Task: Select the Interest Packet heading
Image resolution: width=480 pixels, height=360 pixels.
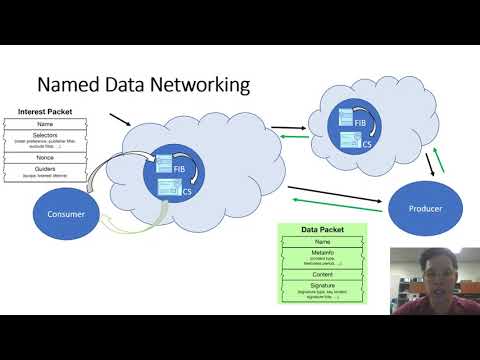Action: point(49,111)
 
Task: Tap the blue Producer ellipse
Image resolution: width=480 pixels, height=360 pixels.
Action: point(425,209)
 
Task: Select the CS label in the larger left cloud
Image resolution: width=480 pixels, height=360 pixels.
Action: point(187,192)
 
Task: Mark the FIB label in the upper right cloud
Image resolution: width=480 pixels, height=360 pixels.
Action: point(359,122)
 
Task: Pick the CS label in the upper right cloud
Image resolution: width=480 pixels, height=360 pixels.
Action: point(368,143)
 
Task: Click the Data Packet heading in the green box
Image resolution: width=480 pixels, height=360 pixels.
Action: point(324,230)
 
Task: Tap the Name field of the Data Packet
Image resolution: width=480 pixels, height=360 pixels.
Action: point(324,241)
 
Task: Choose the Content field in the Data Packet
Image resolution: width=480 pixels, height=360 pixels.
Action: point(324,274)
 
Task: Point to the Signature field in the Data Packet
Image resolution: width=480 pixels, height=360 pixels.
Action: point(324,286)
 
